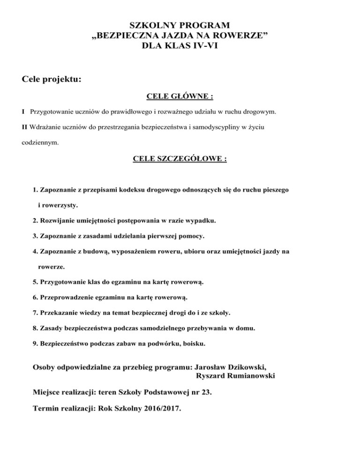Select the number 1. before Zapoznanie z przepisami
click(36, 191)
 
